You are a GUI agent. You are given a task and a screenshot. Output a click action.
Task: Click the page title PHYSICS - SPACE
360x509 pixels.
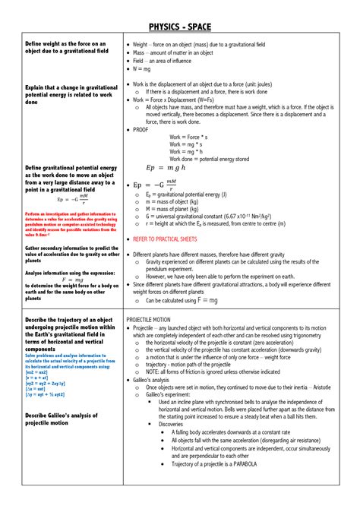coord(180,16)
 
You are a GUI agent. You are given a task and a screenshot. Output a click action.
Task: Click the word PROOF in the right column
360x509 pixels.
coord(142,130)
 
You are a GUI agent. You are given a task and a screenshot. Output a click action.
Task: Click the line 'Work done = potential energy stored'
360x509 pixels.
coord(209,159)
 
